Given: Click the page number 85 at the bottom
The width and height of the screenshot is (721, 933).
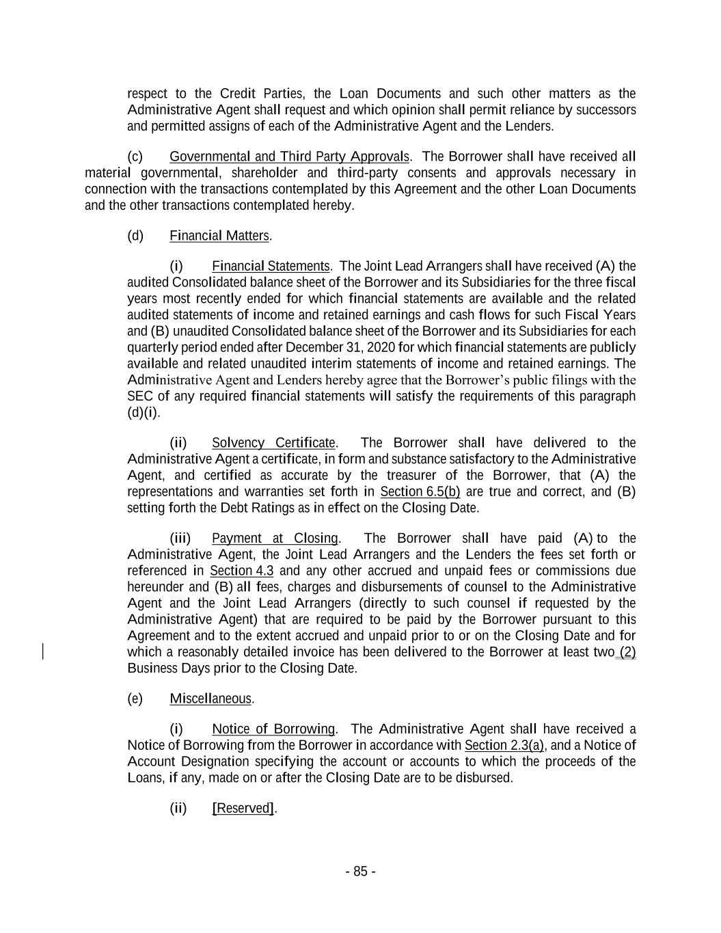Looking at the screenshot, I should pos(360,871).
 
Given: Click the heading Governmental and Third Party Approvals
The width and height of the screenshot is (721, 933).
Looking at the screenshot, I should pos(289,157).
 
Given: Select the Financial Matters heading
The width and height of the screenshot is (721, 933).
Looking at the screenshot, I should pos(219,236).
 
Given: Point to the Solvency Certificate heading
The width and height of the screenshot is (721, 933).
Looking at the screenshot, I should pos(273,443).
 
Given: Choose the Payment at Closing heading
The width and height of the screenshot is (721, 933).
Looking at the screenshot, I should pos(275,539).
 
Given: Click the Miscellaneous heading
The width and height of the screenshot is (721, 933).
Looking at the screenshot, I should pos(210,699).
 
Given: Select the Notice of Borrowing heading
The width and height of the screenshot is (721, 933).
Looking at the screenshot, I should pos(273,729).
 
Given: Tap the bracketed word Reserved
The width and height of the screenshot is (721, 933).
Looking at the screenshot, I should pos(244,809).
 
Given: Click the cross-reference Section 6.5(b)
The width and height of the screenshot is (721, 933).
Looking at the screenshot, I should pos(420,492).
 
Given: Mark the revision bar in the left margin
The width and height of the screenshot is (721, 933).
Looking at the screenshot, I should pos(44,651).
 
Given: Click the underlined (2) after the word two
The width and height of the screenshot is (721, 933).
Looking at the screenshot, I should pos(627,652).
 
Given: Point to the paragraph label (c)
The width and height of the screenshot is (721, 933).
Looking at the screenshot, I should pos(135,157).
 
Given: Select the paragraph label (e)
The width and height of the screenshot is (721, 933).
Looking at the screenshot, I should pos(135,699).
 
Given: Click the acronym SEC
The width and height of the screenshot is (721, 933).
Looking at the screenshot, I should pos(140,396).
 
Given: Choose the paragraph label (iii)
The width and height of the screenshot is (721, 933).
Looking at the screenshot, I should pos(180,539).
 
